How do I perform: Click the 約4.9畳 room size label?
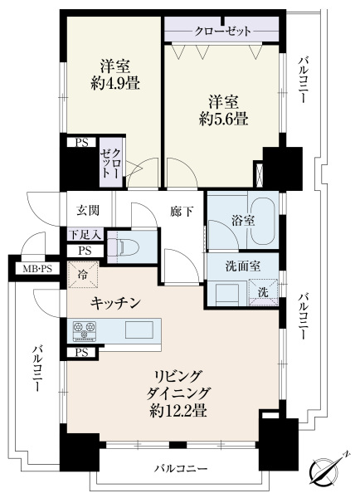(115, 84)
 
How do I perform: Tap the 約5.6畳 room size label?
(223, 120)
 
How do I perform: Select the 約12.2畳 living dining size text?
(178, 412)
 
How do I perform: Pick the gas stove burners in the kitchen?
(85, 331)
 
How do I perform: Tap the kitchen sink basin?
(139, 330)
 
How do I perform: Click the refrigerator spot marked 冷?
(83, 275)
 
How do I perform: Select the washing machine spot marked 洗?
(263, 292)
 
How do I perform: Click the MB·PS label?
(37, 269)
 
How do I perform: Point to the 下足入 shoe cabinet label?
(85, 236)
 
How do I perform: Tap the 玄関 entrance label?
(88, 210)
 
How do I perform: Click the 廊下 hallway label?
(182, 211)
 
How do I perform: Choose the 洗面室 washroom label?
(243, 266)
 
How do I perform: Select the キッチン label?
(115, 303)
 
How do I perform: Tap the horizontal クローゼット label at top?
(222, 32)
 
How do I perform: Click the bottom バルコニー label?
(182, 468)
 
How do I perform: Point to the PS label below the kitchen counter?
(81, 353)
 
